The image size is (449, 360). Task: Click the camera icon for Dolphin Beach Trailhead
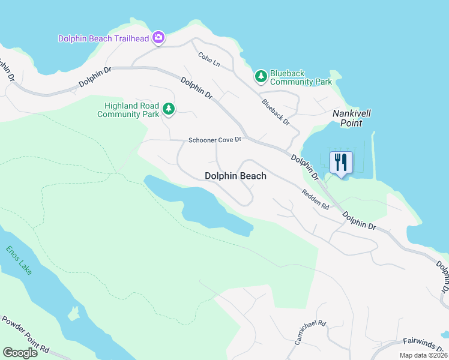158,38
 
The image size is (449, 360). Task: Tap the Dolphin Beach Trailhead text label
104,38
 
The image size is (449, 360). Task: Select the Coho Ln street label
209,59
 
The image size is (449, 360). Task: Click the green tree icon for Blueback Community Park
261,76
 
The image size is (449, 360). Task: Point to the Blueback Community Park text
301,77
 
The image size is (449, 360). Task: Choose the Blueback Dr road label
276,112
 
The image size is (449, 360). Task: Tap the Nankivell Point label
348,118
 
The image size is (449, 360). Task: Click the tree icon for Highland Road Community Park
169,109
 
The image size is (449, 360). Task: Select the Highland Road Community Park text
128,110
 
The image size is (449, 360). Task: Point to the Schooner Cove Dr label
214,140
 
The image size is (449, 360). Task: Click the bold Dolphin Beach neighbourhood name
235,176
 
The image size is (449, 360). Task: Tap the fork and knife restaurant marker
341,163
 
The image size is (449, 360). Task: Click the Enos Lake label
19,260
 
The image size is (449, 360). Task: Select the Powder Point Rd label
26,337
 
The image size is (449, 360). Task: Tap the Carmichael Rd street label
310,332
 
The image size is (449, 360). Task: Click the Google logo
20,353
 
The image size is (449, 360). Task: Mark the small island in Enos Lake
74,313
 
